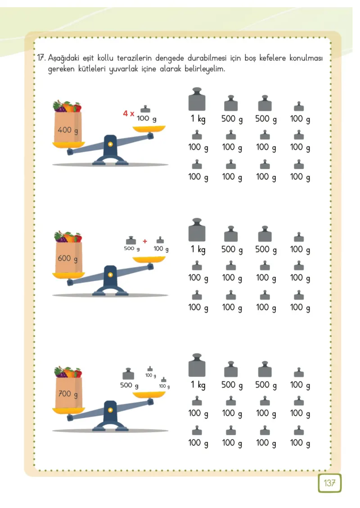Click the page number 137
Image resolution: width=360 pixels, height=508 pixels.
coord(329,483)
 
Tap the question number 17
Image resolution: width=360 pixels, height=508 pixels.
coord(41,58)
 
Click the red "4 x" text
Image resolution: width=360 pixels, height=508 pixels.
coord(129,113)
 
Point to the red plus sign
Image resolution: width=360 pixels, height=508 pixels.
coord(145,241)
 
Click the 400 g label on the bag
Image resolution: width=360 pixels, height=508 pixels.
coord(67,130)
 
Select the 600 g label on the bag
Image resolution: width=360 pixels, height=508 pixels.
coord(67,259)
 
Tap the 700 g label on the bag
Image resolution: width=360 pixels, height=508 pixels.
coord(68,394)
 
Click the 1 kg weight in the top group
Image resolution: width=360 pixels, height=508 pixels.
coord(197,99)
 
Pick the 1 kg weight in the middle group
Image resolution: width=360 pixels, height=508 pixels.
coord(197,230)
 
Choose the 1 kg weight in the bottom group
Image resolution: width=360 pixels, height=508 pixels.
coord(197,365)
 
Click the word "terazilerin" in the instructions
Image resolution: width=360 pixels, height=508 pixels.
coord(134,58)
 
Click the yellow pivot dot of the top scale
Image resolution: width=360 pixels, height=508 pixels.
coord(110,144)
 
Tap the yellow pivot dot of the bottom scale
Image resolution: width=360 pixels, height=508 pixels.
coord(110,410)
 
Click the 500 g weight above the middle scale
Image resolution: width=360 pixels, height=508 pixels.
coord(131,240)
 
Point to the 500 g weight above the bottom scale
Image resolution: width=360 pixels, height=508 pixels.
coord(128,374)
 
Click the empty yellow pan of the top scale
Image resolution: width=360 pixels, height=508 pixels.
coord(149,129)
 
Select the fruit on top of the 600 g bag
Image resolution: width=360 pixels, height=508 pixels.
coord(68,237)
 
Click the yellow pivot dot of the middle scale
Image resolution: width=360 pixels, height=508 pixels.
coord(110,275)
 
